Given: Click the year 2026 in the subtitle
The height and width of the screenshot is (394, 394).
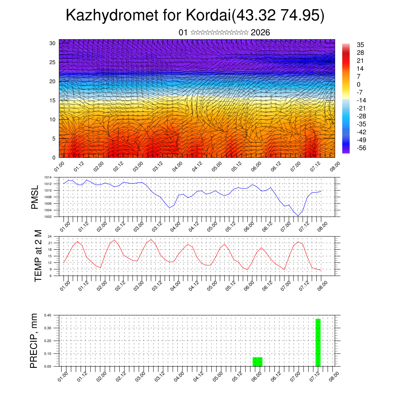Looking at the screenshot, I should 260,33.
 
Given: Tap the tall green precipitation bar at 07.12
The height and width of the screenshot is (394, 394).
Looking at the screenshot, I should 318,342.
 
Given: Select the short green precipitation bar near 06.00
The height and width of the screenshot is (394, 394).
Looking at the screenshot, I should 257,362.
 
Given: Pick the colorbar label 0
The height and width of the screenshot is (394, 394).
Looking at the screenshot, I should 359,84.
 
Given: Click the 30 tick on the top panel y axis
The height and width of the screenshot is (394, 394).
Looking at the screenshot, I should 53,43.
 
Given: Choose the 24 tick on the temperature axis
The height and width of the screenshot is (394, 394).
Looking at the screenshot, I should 50,236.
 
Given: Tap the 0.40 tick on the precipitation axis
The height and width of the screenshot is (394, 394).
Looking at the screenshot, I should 48,315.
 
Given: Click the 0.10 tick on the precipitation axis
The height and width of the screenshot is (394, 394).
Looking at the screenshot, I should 48,354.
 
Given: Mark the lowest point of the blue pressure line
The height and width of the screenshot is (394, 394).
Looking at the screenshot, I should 298,215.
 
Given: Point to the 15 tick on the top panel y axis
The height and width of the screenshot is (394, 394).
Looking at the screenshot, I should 53,100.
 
